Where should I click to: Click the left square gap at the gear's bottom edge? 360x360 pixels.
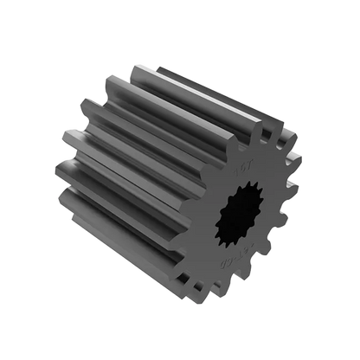[x=185, y=278]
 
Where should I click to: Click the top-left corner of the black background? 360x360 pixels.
[x=3, y=3]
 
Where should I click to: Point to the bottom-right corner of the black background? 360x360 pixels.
[x=356, y=356]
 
